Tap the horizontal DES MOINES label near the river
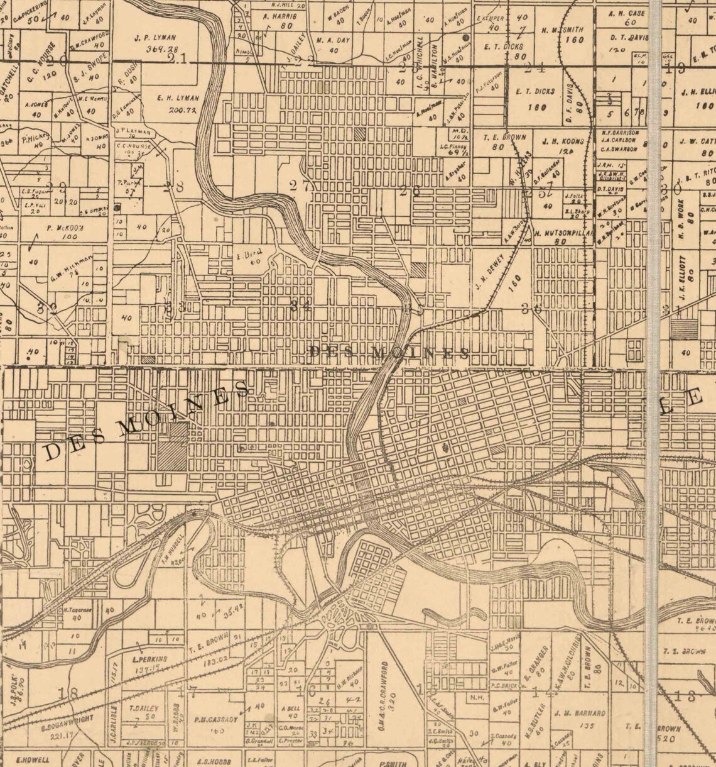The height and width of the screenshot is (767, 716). (389, 353)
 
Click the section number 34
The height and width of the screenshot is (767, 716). (301, 305)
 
